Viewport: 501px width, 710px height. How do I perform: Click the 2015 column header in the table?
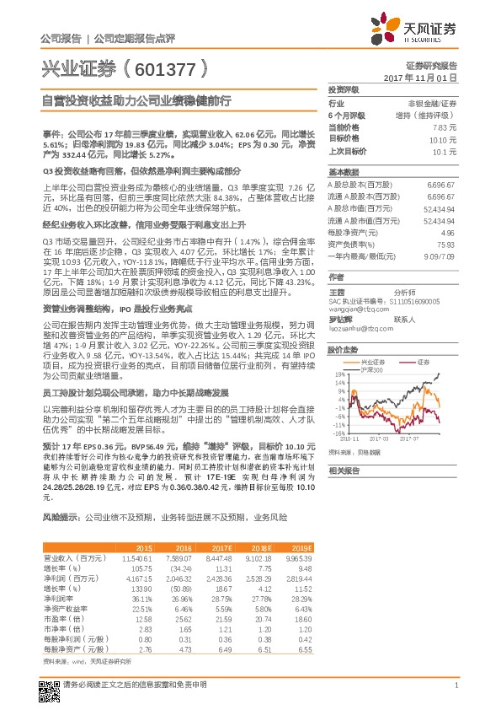pos(144,546)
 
